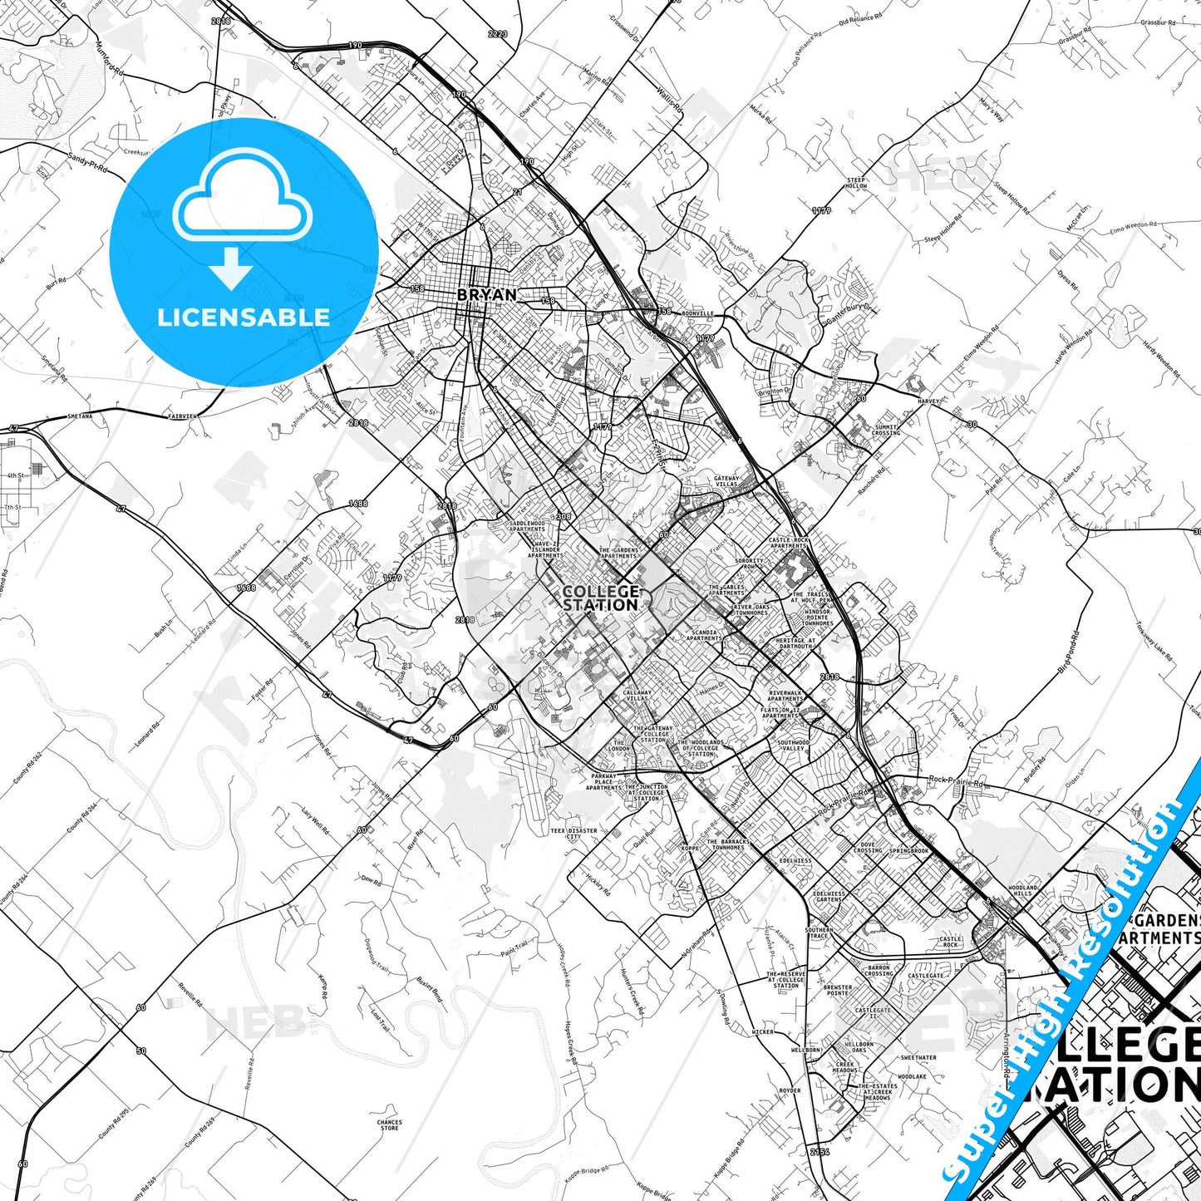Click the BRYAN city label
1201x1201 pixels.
(487, 294)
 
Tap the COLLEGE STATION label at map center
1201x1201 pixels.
(601, 598)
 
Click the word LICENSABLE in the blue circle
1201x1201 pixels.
(244, 317)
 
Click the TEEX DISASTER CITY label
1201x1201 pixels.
(573, 833)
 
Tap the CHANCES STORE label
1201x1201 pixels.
(389, 1125)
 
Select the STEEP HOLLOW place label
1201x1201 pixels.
(856, 183)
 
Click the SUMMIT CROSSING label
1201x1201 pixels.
(886, 430)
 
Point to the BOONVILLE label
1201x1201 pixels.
(697, 313)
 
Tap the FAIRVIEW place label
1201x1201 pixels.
(182, 415)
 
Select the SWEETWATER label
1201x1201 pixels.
(918, 1058)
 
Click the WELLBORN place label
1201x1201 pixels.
(805, 1050)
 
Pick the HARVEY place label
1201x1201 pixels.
(928, 401)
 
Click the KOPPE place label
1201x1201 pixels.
(690, 849)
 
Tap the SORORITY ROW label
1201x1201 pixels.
(749, 564)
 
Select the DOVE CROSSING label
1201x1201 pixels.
(868, 848)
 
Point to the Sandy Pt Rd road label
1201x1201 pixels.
(88, 162)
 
